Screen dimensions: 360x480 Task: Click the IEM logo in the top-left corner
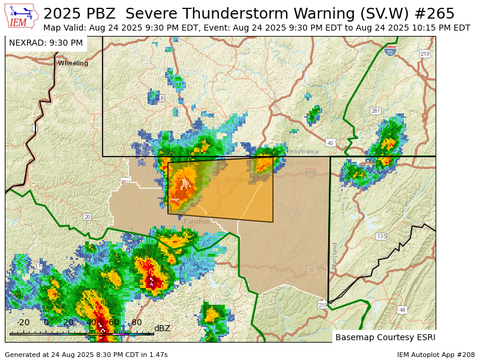tap(22, 16)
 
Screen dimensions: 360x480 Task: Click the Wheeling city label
tap(73, 63)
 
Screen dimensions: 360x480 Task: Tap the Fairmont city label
tap(197, 221)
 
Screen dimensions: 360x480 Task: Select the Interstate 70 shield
tap(390, 52)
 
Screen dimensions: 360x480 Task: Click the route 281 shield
tap(376, 111)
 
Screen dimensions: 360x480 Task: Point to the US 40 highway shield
tap(330, 143)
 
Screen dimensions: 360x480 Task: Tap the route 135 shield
tap(382, 236)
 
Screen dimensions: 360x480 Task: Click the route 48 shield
tap(402, 310)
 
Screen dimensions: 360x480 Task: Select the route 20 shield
tap(88, 217)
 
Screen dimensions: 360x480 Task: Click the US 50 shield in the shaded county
tap(311, 269)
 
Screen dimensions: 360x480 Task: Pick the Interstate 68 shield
tap(310, 173)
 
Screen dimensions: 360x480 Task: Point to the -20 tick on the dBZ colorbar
tap(23, 322)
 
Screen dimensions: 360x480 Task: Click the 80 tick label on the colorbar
tap(136, 322)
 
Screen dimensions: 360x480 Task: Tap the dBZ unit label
tap(162, 328)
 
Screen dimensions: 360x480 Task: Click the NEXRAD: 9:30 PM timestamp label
tap(46, 43)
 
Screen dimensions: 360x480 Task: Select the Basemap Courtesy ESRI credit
tap(384, 337)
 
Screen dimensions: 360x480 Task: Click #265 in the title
tap(433, 13)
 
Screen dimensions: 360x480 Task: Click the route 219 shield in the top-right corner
tap(425, 54)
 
